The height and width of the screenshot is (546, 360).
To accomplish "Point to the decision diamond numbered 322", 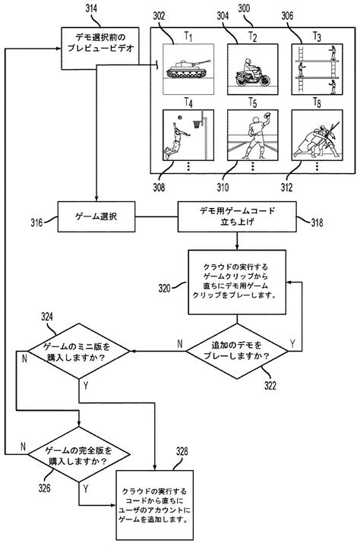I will pyautogui.click(x=239, y=350).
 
